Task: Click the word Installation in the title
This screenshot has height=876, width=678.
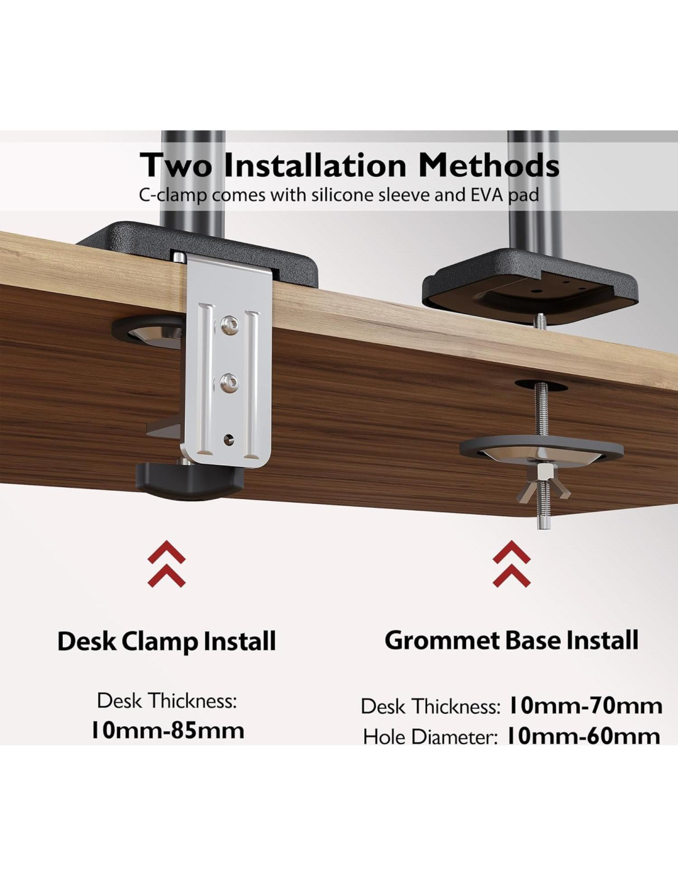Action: point(314,165)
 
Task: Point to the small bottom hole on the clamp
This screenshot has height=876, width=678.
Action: point(229,438)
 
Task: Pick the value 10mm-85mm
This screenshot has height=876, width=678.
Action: point(168,731)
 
